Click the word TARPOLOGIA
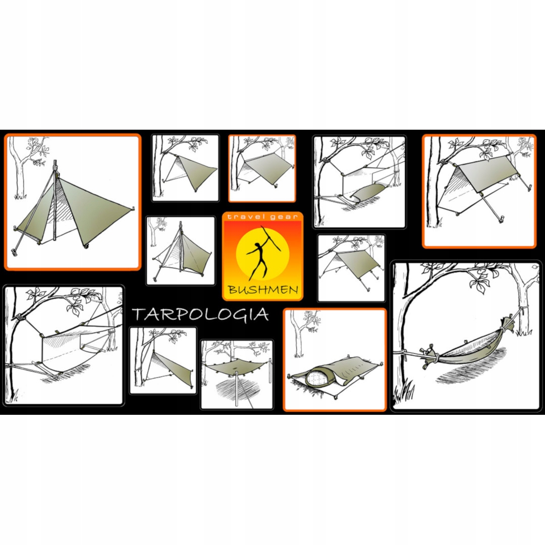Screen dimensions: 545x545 coord(200,314)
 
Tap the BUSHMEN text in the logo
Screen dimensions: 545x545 coord(262,290)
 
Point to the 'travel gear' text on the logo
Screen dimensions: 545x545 coord(262,217)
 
